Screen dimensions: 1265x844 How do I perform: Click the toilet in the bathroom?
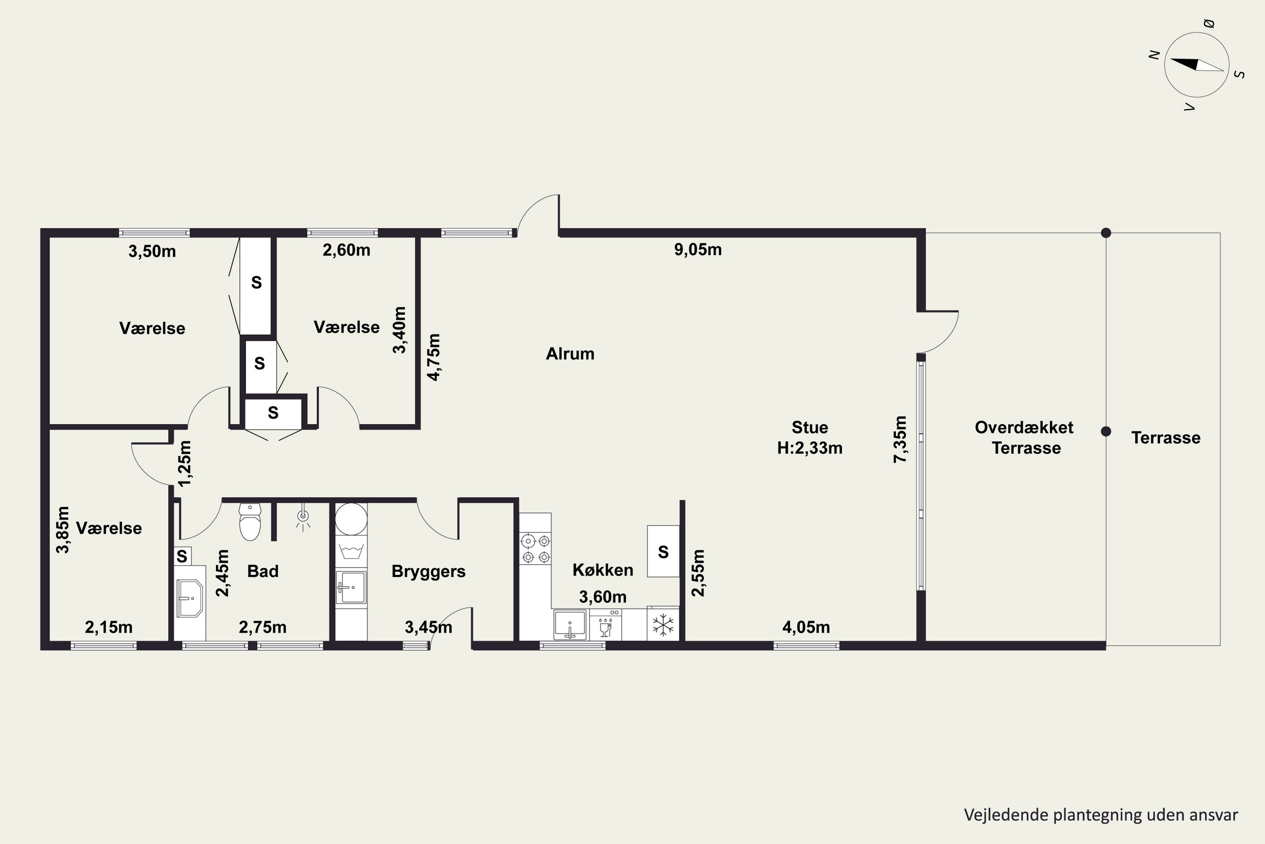(250, 522)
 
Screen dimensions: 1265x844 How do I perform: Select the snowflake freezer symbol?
(663, 625)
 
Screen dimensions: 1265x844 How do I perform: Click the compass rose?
(1197, 65)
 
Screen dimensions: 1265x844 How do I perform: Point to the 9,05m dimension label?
(697, 250)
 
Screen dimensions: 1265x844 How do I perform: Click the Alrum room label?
(570, 354)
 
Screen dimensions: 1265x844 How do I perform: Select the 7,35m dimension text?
(900, 439)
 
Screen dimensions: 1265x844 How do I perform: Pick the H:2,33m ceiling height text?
(810, 448)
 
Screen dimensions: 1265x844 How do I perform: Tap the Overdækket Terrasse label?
(1025, 438)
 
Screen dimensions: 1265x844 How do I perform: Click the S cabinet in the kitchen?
(663, 551)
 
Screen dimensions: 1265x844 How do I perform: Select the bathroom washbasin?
(189, 598)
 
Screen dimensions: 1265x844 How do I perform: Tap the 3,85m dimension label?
(63, 530)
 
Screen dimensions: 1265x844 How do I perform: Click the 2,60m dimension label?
(346, 250)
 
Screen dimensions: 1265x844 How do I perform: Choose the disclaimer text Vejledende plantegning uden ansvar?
(1101, 815)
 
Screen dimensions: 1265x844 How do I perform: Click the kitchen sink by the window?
(570, 625)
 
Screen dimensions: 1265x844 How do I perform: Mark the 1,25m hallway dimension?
(185, 463)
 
